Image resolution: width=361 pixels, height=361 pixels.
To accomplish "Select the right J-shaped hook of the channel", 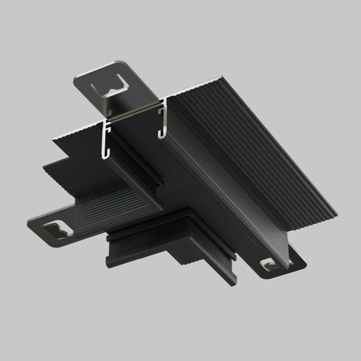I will (161, 121).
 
